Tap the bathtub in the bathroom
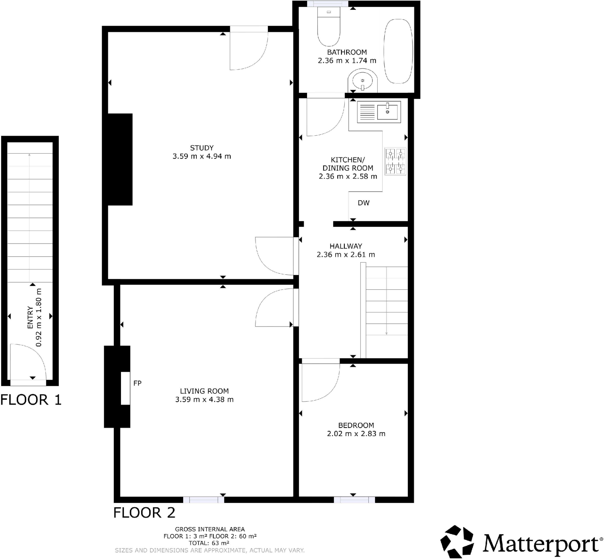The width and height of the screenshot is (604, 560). point(398,51)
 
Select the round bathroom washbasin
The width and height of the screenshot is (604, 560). point(362,80)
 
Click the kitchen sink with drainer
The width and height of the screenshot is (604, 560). point(379,112)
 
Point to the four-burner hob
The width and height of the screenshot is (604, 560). point(395,161)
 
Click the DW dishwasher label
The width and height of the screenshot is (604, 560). point(363,203)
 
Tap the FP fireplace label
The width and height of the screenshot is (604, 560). point(137,383)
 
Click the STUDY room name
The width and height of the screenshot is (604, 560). point(202,148)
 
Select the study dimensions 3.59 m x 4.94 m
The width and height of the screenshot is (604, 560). point(202,156)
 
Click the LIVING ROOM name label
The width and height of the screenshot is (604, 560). point(204,391)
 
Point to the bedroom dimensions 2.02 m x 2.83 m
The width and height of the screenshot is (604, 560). point(356,434)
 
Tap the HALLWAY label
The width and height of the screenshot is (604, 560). point(346,246)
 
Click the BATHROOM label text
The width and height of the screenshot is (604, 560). point(347,52)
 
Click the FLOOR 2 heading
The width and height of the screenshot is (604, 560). point(144,512)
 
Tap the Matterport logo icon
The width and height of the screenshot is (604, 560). point(457,542)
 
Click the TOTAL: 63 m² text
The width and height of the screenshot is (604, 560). point(209,543)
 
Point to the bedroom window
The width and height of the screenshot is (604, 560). point(354,500)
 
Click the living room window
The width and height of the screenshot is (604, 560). point(203,500)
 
